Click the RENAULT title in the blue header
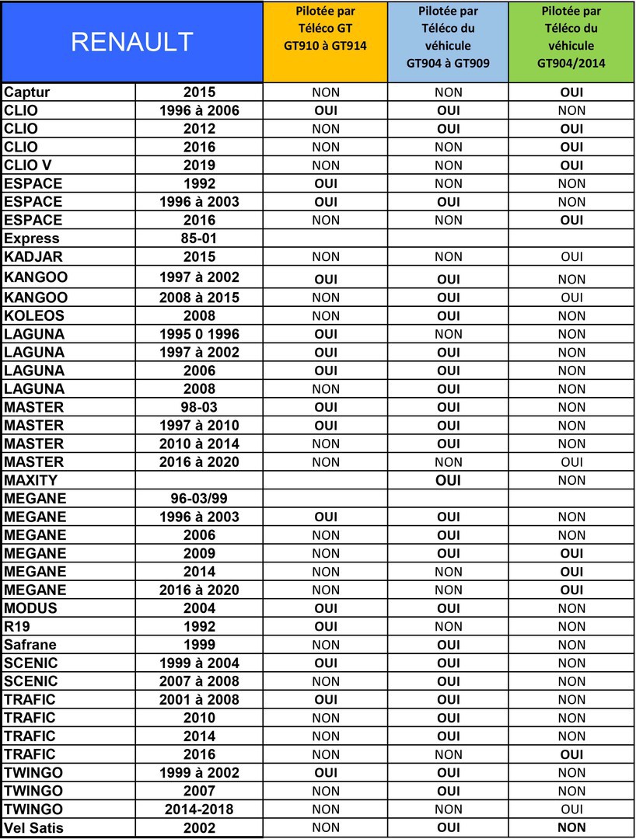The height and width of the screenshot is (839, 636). click(131, 42)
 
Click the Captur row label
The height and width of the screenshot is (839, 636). click(28, 92)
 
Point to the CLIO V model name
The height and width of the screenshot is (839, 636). click(28, 165)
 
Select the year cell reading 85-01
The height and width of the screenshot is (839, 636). click(199, 238)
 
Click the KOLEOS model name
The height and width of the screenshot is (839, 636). click(34, 315)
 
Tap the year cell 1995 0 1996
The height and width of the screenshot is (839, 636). click(199, 334)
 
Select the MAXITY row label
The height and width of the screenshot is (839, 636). click(31, 480)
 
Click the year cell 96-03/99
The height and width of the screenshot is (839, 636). click(199, 499)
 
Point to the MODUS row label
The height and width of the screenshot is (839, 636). click(30, 608)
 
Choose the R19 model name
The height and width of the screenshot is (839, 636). click(17, 626)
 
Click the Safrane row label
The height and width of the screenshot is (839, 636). click(30, 645)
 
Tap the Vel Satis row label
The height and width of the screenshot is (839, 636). click(33, 827)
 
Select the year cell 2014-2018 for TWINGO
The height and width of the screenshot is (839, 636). click(199, 809)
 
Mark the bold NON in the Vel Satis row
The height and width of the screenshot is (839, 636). click(571, 827)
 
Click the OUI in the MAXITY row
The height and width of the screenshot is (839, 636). click(448, 480)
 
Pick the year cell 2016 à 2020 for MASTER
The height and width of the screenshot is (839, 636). click(199, 462)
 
